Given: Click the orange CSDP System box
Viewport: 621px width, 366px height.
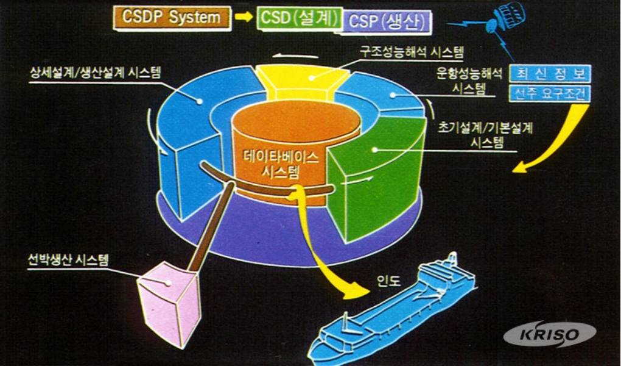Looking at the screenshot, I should click(x=171, y=18).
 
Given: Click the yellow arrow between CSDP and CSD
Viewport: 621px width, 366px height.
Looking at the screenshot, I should click(x=244, y=18).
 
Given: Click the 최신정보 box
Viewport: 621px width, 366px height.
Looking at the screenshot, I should click(x=549, y=74).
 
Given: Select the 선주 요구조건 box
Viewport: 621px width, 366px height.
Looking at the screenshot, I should click(x=549, y=93).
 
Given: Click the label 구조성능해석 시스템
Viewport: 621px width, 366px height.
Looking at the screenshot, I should click(x=411, y=54).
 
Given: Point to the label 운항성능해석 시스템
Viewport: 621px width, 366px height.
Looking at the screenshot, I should click(x=469, y=81).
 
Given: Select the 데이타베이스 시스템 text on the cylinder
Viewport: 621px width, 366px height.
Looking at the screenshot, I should click(x=281, y=163).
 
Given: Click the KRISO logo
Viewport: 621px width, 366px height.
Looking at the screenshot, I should click(x=550, y=334).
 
